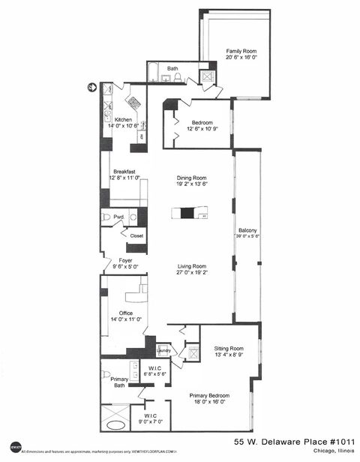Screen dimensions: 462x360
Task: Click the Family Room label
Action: tap(241, 52)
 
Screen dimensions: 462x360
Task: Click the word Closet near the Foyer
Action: tap(136, 235)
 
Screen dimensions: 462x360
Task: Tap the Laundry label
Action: tap(163, 350)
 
